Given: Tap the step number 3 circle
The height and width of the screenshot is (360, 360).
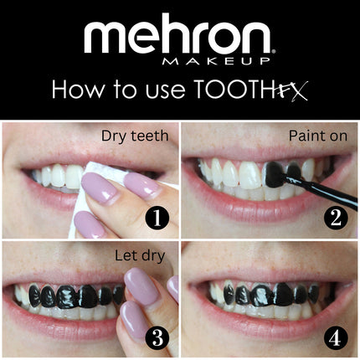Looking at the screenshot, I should point(157,339).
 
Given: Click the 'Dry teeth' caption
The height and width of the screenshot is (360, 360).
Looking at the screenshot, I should point(133,135).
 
